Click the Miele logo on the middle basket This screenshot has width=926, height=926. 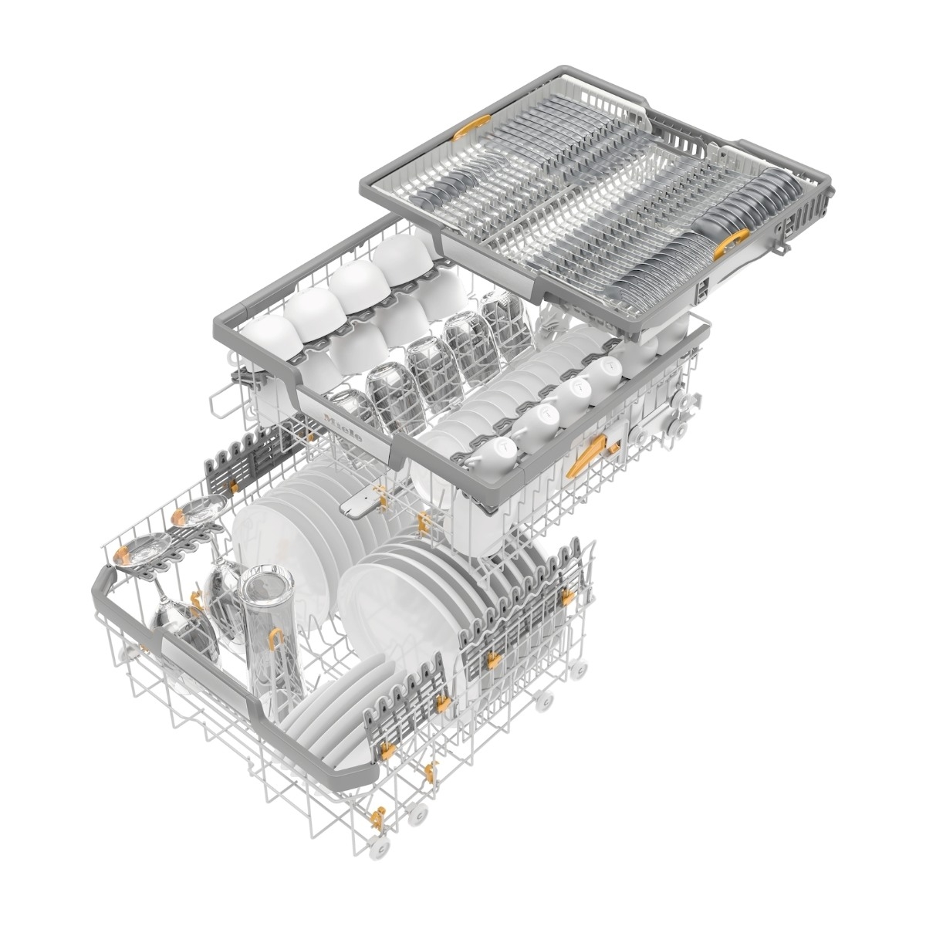(343, 428)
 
